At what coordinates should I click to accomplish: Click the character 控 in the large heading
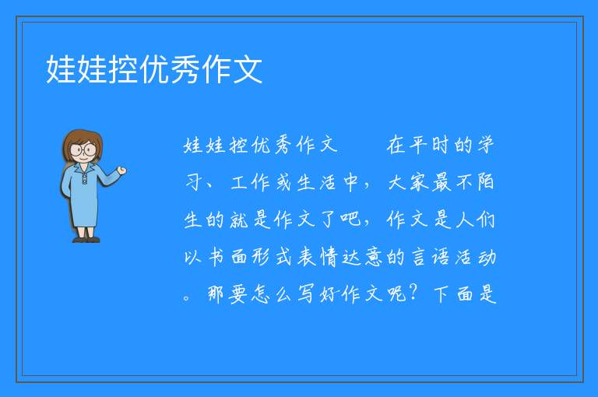(x=124, y=69)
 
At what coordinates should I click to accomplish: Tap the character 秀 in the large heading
(x=185, y=69)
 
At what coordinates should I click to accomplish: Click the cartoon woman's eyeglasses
(x=83, y=149)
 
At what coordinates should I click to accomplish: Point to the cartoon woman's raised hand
(x=121, y=170)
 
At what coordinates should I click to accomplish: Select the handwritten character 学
(x=486, y=145)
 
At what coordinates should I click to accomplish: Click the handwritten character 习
(x=192, y=182)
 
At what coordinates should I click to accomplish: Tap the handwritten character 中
(x=351, y=182)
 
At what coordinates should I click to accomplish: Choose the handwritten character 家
(x=419, y=182)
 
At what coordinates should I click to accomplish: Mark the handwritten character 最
(x=441, y=182)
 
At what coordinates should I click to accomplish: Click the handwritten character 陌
(x=486, y=182)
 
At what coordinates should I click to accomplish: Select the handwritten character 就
(x=239, y=220)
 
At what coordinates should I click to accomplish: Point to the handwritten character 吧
(x=351, y=220)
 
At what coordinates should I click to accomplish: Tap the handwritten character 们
(x=486, y=220)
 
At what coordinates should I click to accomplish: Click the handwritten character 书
(x=216, y=257)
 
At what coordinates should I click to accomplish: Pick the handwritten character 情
(x=329, y=257)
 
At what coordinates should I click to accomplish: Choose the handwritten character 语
(x=441, y=257)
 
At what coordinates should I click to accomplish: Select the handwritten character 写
(x=306, y=294)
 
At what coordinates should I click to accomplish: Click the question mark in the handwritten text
(x=412, y=293)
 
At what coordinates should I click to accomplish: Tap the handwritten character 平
(x=418, y=145)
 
